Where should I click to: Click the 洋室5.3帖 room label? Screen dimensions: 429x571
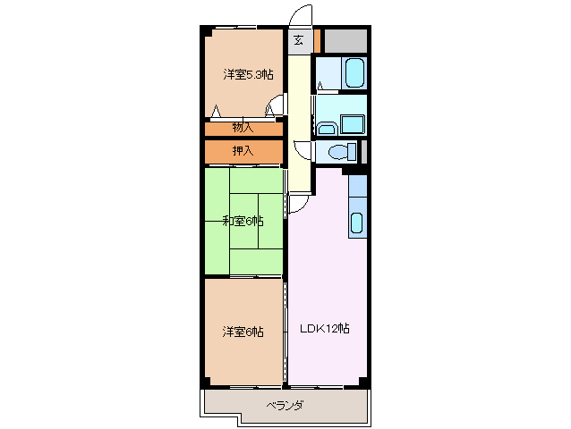[248, 75]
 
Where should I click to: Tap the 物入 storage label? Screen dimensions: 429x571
[243, 128]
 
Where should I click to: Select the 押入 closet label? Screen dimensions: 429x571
[243, 151]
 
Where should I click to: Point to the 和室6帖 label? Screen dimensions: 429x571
[243, 221]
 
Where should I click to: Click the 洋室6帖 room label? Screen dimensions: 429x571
[243, 332]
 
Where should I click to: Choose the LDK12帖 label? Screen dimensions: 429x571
[324, 328]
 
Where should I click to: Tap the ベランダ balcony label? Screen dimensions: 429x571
[285, 406]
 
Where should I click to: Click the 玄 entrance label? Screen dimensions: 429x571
[299, 40]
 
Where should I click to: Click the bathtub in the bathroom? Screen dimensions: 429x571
[353, 71]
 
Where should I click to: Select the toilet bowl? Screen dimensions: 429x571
[341, 151]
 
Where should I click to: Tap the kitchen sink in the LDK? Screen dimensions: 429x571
[356, 223]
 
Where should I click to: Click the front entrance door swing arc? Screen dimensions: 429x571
[302, 18]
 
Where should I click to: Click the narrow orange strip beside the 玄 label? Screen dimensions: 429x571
[317, 40]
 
